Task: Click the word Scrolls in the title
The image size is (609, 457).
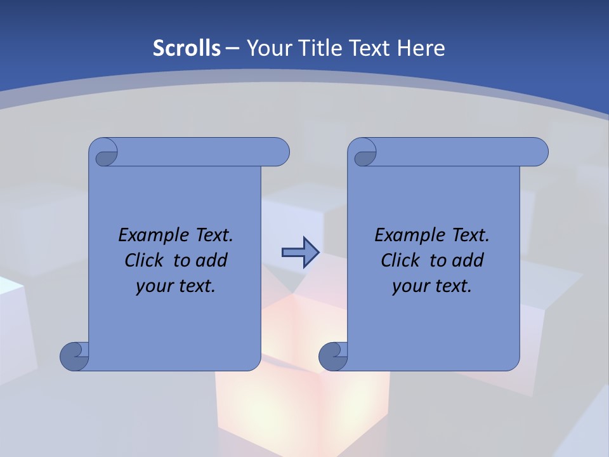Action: click(x=187, y=48)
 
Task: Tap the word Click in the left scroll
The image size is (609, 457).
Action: click(x=144, y=260)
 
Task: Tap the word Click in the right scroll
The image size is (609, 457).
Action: click(x=400, y=260)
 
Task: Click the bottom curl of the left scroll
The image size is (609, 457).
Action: click(x=74, y=356)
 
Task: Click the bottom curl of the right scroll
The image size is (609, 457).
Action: click(x=332, y=356)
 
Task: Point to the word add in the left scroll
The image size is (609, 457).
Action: click(x=212, y=260)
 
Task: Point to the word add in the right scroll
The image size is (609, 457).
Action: click(x=468, y=260)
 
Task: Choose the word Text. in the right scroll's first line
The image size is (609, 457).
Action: click(x=470, y=235)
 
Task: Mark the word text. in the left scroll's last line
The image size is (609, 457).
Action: click(x=194, y=286)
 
